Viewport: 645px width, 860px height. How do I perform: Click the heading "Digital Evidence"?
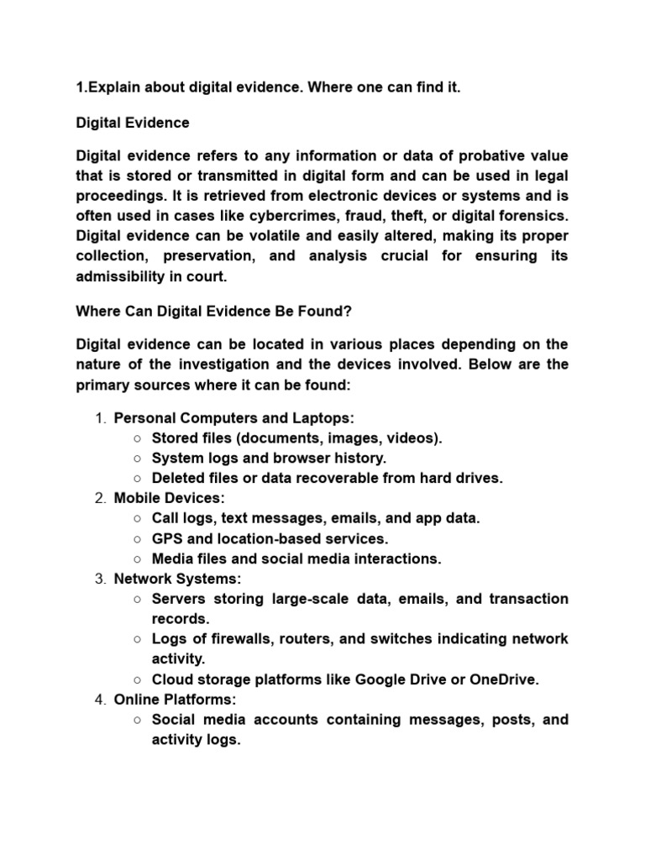[133, 123]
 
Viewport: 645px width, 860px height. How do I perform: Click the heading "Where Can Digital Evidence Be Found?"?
[213, 311]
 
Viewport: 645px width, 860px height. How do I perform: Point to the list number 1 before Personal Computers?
[99, 417]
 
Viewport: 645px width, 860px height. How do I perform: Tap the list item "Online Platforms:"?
[164, 700]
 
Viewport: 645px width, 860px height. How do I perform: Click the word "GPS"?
[166, 538]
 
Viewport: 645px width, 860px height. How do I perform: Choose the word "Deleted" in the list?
[178, 478]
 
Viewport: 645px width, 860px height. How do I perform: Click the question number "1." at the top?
[81, 89]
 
